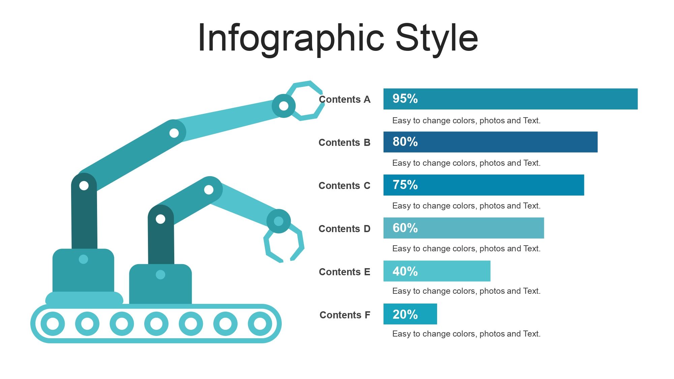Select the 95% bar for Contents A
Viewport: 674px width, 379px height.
pos(511,99)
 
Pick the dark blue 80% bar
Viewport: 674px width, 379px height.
pos(490,142)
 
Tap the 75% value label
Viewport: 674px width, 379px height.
pos(405,185)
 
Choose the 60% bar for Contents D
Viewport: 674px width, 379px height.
pos(464,228)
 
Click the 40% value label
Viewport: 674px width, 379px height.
pos(405,271)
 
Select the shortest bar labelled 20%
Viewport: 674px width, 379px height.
pos(410,314)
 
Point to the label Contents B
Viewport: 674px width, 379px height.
pos(344,143)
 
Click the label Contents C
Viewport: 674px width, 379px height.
pos(344,186)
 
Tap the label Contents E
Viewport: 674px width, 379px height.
pos(344,272)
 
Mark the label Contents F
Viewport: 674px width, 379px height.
pos(345,315)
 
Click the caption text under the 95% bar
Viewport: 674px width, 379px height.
pos(466,121)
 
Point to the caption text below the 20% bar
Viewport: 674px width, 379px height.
pos(466,334)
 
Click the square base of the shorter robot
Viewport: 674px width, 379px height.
pos(160,284)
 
